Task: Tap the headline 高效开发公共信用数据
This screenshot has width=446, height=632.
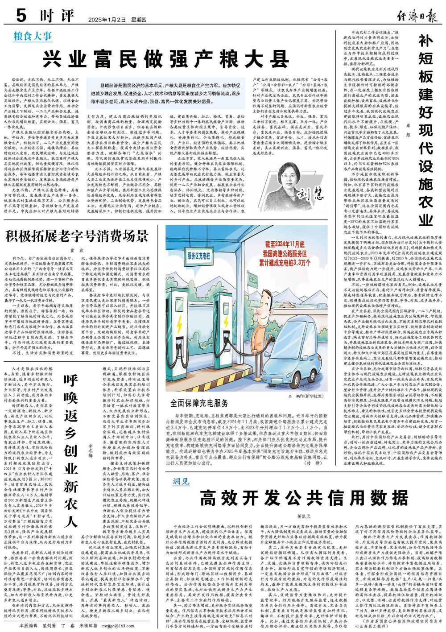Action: click(x=304, y=496)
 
